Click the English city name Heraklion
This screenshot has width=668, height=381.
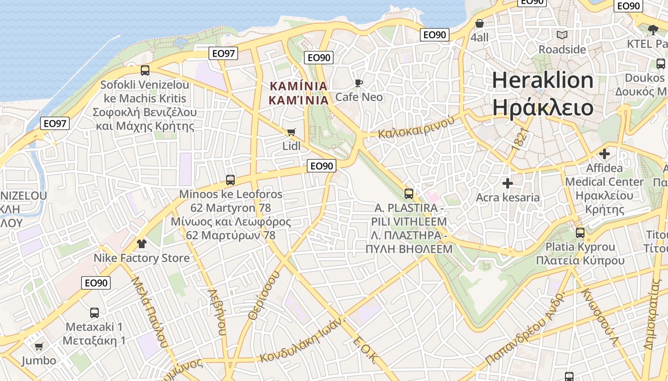543,80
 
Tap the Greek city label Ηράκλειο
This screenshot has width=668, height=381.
543,108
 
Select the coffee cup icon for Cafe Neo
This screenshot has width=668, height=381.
358,83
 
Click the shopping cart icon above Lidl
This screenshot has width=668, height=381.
291,132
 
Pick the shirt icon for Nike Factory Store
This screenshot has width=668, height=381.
141,244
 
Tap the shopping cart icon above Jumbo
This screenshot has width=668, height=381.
39,346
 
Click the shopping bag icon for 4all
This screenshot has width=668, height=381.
480,23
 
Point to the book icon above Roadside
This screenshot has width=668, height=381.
562,35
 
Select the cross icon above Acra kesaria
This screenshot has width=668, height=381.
508,183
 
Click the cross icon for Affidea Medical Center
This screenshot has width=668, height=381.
605,154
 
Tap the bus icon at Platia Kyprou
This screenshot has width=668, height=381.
580,233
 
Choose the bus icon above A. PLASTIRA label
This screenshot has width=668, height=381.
409,194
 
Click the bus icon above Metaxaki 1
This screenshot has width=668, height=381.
94,313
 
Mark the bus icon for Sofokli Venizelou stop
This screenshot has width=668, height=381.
145,70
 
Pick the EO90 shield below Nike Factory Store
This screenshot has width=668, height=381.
96,283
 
